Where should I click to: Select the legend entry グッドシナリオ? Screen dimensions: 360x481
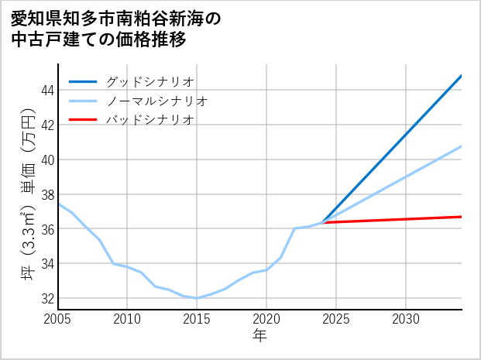point(149,81)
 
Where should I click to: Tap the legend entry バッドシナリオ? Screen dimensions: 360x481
point(149,120)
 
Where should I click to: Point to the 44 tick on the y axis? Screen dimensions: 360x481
point(46,91)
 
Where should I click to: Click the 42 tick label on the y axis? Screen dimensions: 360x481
point(46,125)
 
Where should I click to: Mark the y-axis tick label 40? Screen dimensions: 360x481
point(46,160)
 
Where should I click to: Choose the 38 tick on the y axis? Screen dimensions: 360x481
point(46,195)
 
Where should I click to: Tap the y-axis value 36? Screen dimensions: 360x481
point(46,229)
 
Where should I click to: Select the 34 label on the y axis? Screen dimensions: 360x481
point(46,264)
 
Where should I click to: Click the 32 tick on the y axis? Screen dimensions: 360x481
point(46,299)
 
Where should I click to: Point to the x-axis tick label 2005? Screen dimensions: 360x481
point(57,319)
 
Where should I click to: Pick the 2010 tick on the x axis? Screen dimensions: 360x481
point(127,319)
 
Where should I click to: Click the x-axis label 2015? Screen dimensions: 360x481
point(197,319)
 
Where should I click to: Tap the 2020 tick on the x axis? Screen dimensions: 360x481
point(266,319)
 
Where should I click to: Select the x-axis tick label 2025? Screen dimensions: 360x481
point(336,319)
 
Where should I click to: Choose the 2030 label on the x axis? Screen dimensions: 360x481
point(406,319)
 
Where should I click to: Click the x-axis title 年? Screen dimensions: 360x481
point(259,336)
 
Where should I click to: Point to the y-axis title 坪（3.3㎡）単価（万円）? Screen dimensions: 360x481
point(28,194)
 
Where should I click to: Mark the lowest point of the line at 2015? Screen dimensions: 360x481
point(197,298)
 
